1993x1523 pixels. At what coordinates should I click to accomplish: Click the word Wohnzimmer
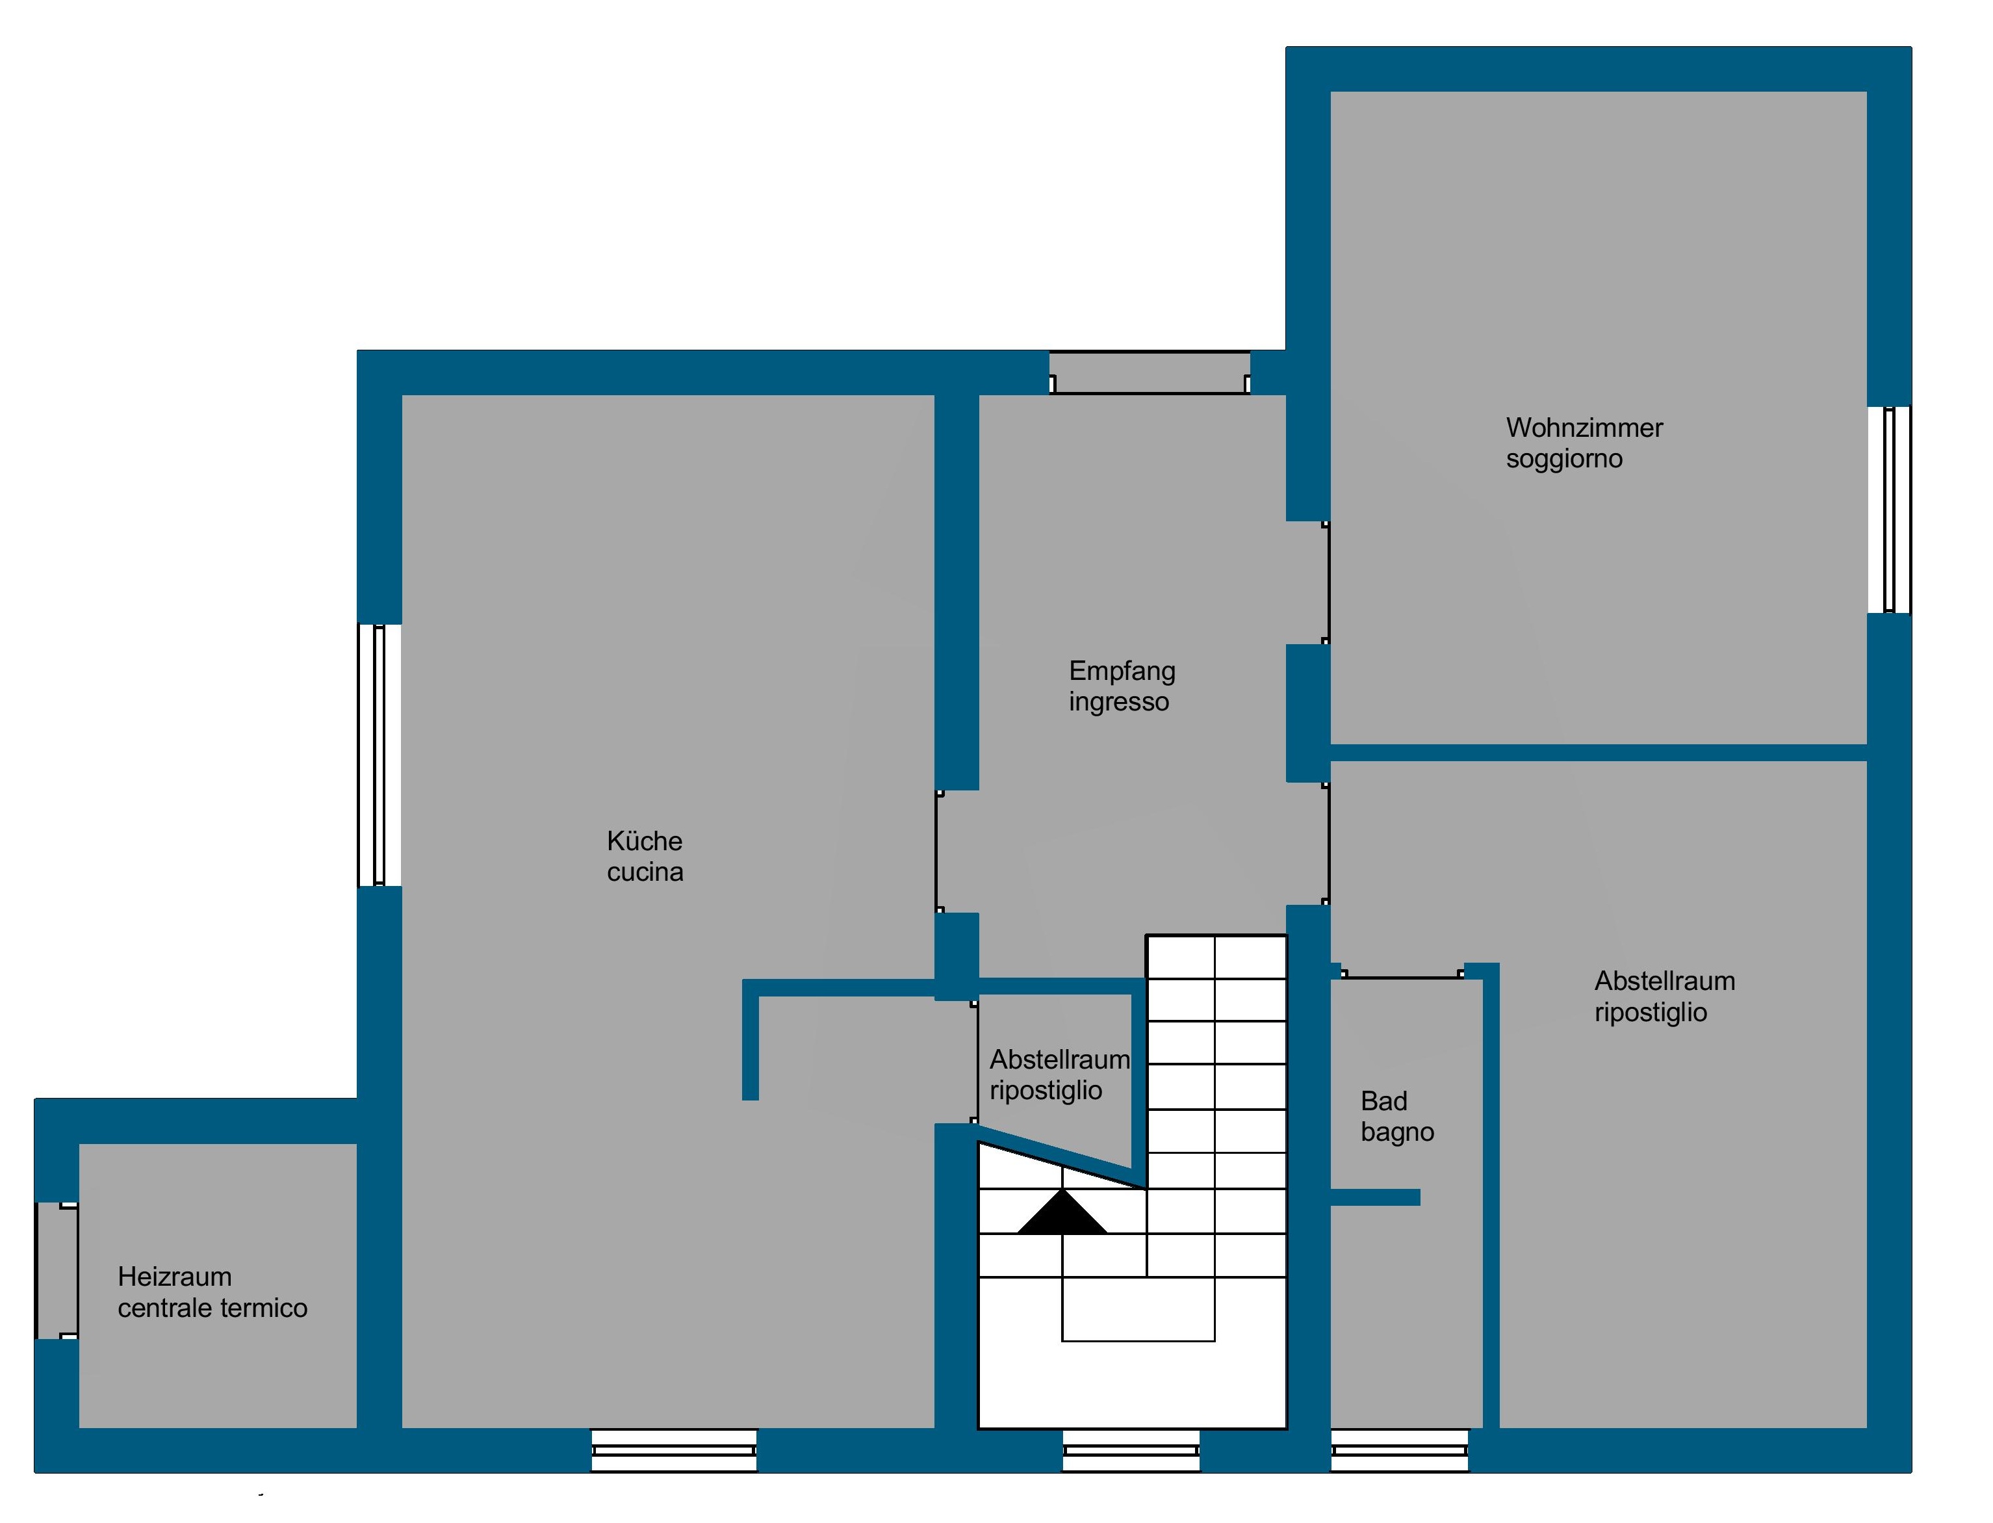[1584, 428]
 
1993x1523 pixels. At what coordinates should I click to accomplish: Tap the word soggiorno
[1563, 460]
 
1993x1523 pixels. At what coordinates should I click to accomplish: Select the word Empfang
[1122, 671]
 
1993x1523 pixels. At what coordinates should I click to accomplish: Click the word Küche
[645, 841]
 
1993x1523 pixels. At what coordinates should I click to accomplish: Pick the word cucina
[645, 872]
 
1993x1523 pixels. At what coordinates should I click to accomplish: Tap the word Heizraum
[174, 1277]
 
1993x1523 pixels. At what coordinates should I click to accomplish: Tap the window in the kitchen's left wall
[379, 754]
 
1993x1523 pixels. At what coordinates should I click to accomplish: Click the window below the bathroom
[1398, 1450]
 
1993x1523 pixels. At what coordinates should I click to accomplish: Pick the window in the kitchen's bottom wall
[673, 1450]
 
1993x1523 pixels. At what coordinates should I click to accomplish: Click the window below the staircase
[1131, 1450]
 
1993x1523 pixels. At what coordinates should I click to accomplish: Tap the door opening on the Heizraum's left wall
[57, 1270]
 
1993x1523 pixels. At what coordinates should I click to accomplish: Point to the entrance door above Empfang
[1150, 372]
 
